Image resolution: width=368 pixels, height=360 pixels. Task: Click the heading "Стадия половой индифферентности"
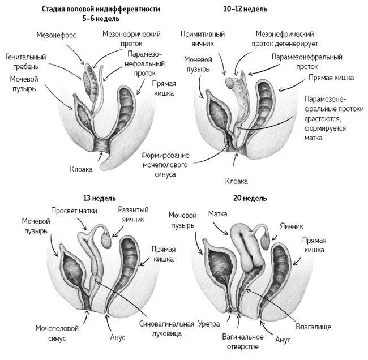click(x=101, y=10)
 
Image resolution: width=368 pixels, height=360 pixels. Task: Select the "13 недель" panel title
click(x=100, y=199)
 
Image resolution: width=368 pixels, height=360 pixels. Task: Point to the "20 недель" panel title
click(x=250, y=199)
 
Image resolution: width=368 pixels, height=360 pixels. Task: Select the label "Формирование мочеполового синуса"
click(x=165, y=164)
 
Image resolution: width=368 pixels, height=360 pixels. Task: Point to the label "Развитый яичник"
click(x=131, y=213)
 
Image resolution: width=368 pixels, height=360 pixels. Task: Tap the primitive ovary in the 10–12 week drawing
click(x=230, y=83)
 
